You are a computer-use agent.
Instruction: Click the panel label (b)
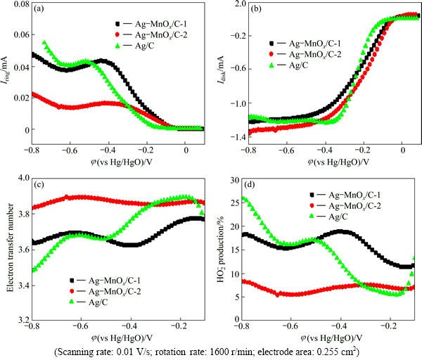coord(255,9)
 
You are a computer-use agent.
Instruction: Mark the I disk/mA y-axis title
coord(220,70)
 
